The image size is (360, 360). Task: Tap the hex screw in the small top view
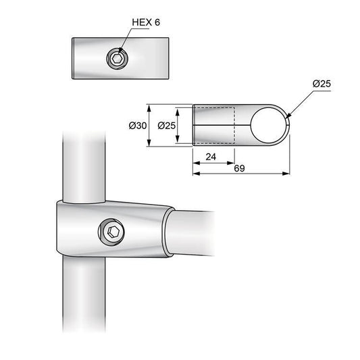(117, 60)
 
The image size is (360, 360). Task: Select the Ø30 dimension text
(137, 126)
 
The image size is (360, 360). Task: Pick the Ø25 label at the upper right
(323, 84)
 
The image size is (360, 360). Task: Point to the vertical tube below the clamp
(83, 297)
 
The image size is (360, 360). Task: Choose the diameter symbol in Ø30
(131, 126)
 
